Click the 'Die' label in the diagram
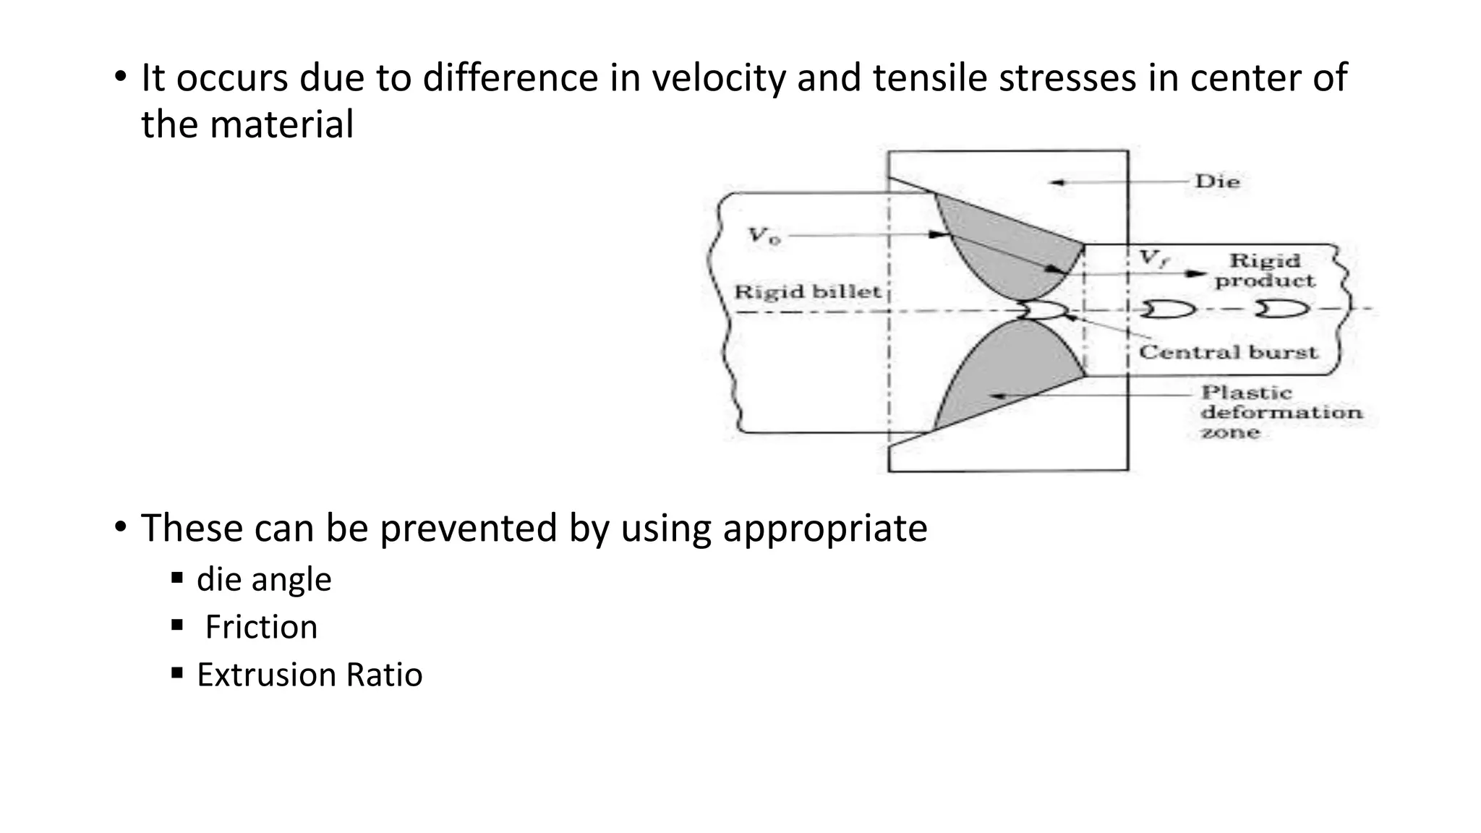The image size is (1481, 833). pyautogui.click(x=1218, y=181)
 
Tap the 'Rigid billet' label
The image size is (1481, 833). pyautogui.click(x=808, y=292)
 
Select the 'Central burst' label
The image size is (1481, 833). pyautogui.click(x=1228, y=352)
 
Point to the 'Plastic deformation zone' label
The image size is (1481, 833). pyautogui.click(x=1280, y=412)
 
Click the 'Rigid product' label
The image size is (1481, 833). pyautogui.click(x=1265, y=270)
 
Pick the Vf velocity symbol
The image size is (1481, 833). pyautogui.click(x=1153, y=258)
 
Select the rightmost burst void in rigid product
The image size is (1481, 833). pyautogui.click(x=1281, y=309)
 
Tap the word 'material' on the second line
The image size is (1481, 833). pyautogui.click(x=281, y=124)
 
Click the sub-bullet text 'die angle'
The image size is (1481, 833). pyautogui.click(x=264, y=579)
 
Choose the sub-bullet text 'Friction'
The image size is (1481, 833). pyautogui.click(x=261, y=627)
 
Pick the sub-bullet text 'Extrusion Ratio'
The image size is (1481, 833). pyautogui.click(x=310, y=675)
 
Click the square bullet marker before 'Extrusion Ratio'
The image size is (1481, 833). pyautogui.click(x=177, y=673)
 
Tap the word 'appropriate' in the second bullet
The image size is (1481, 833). pyautogui.click(x=824, y=528)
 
